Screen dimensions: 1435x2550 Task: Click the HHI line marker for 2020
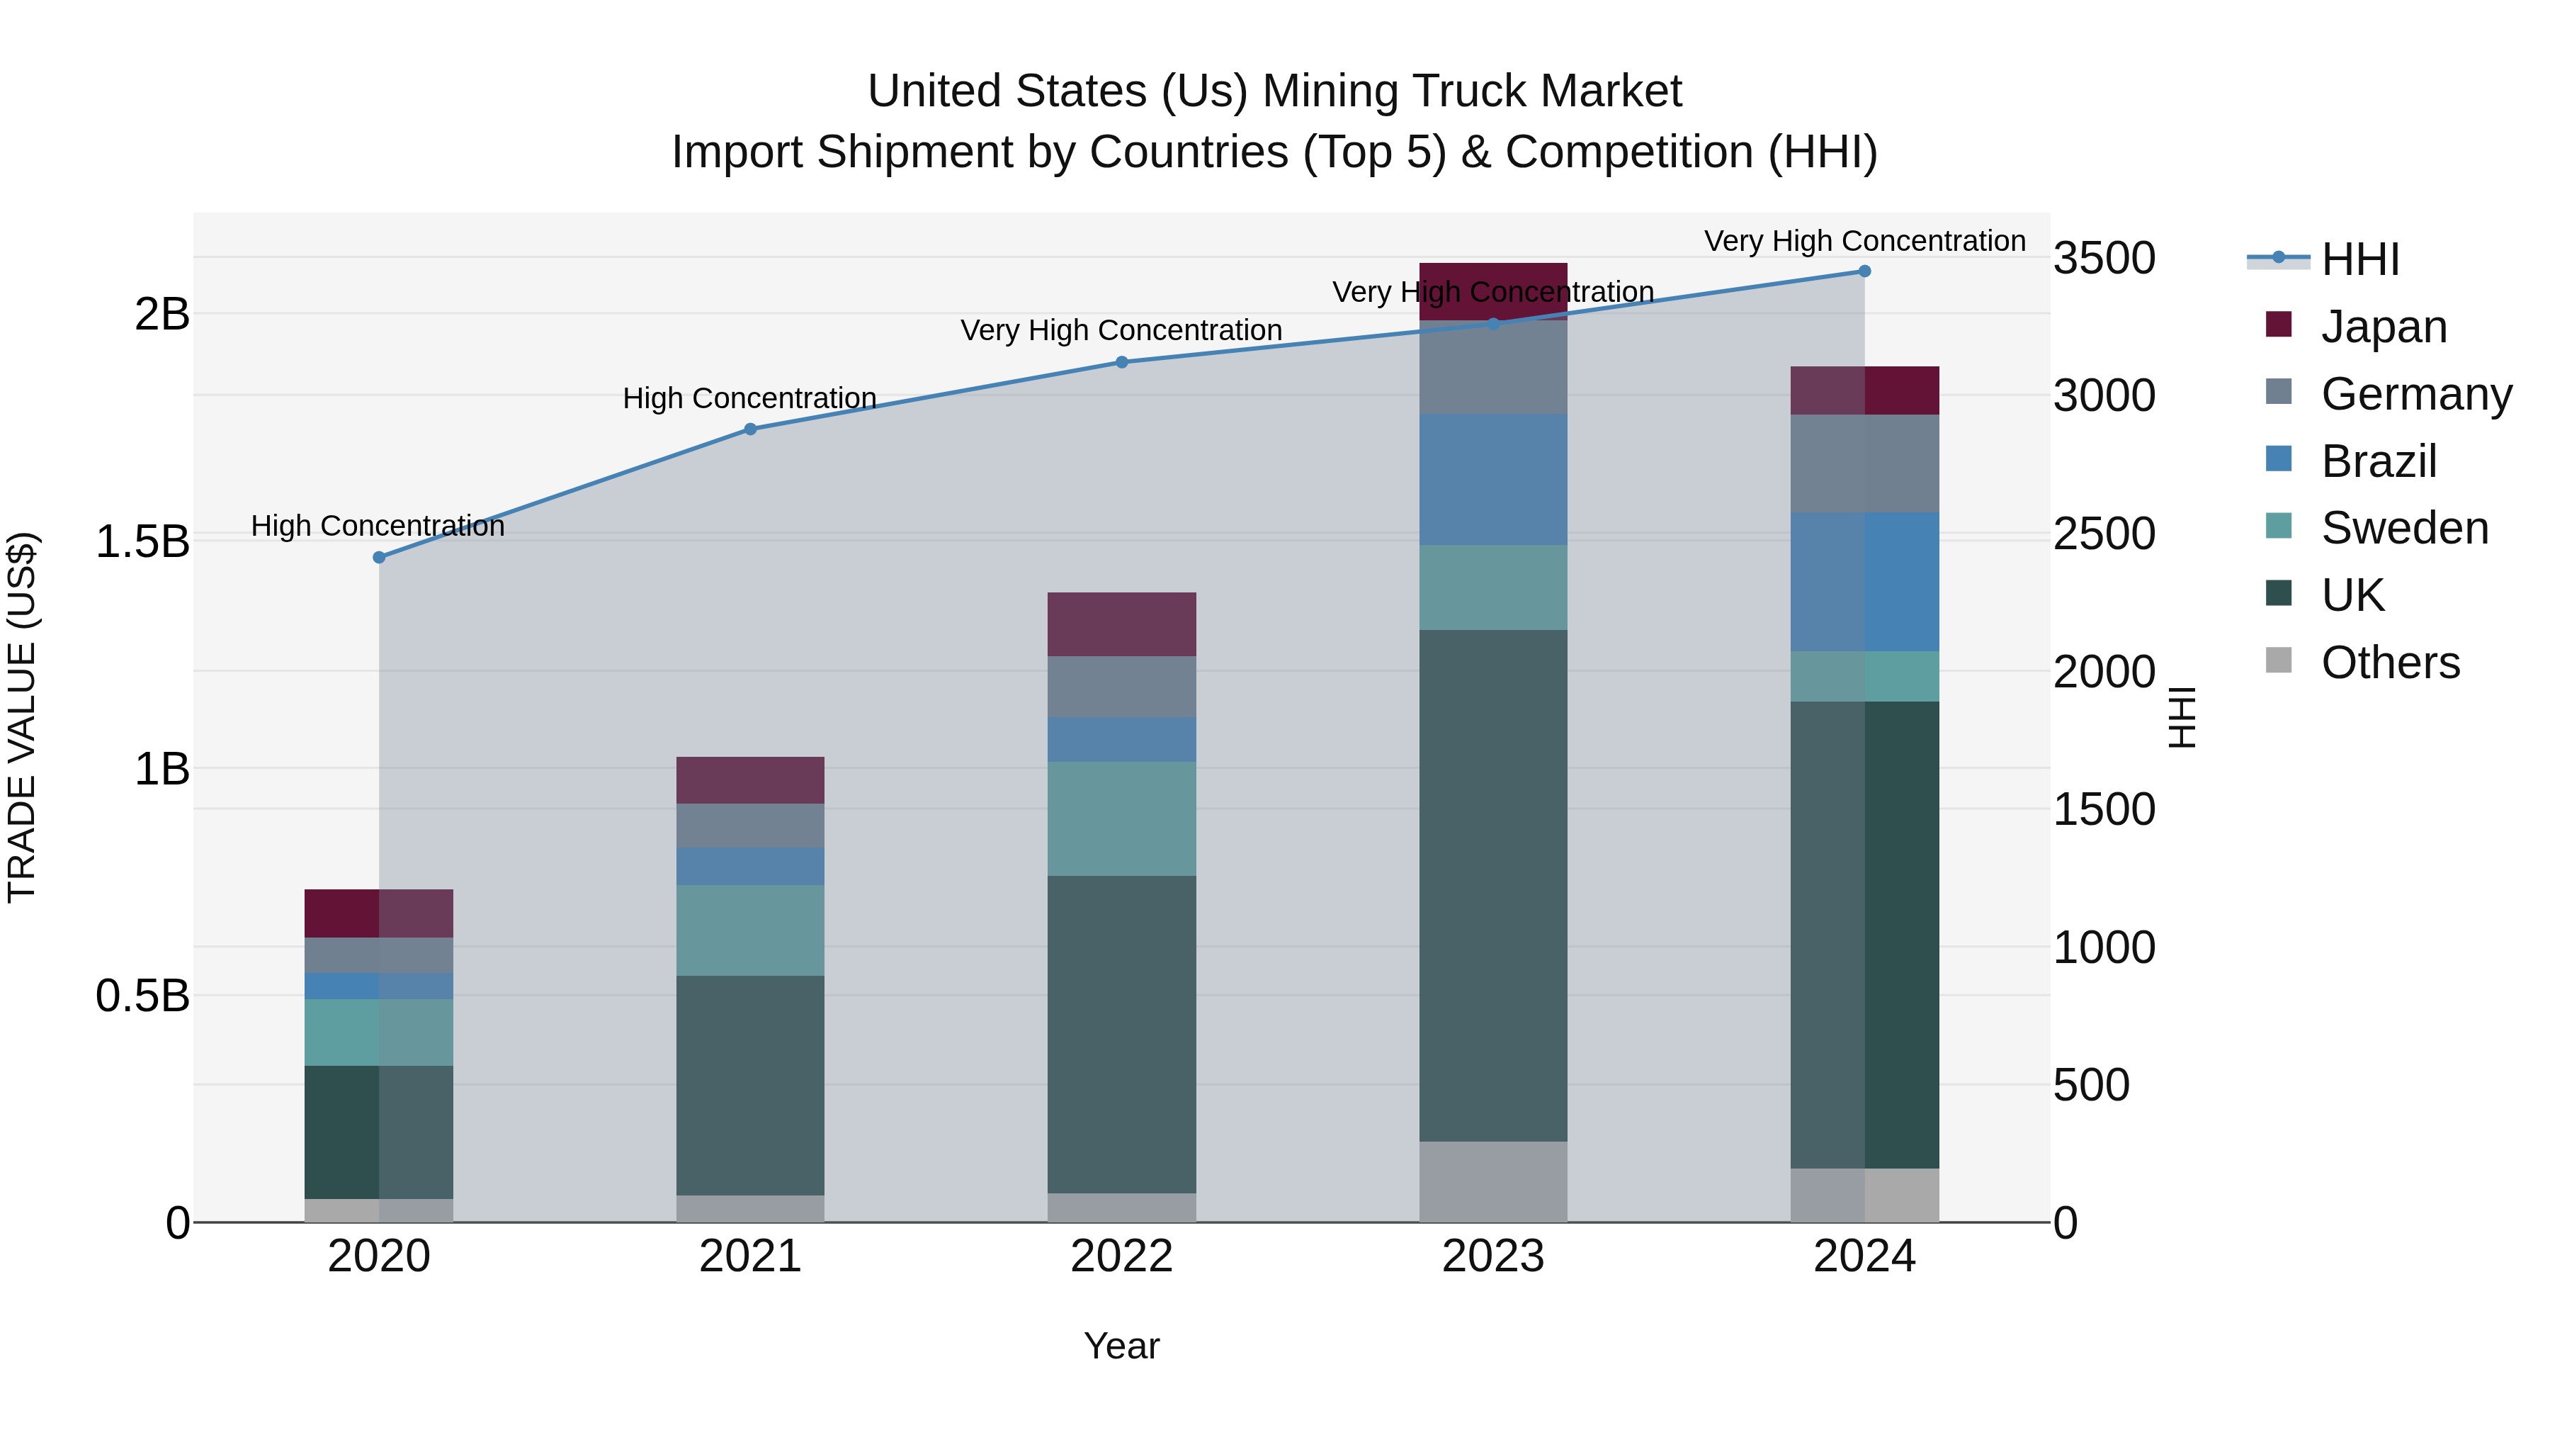coord(379,558)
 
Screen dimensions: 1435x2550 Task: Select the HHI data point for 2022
coord(1121,362)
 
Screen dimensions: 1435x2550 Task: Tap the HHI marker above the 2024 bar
coord(1864,271)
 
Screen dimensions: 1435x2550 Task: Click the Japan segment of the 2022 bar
coord(1121,625)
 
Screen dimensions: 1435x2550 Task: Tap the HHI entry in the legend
coord(2360,259)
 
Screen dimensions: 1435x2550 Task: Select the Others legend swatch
coord(2279,660)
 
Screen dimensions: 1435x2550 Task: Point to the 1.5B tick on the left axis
coord(142,541)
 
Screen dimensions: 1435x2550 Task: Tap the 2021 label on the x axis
coord(750,1256)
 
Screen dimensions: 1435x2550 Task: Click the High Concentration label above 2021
coord(749,398)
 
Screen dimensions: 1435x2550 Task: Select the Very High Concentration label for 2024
coord(1864,241)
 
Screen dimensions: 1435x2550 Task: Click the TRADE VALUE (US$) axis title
coord(22,717)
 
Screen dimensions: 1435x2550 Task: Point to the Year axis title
coord(1121,1346)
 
